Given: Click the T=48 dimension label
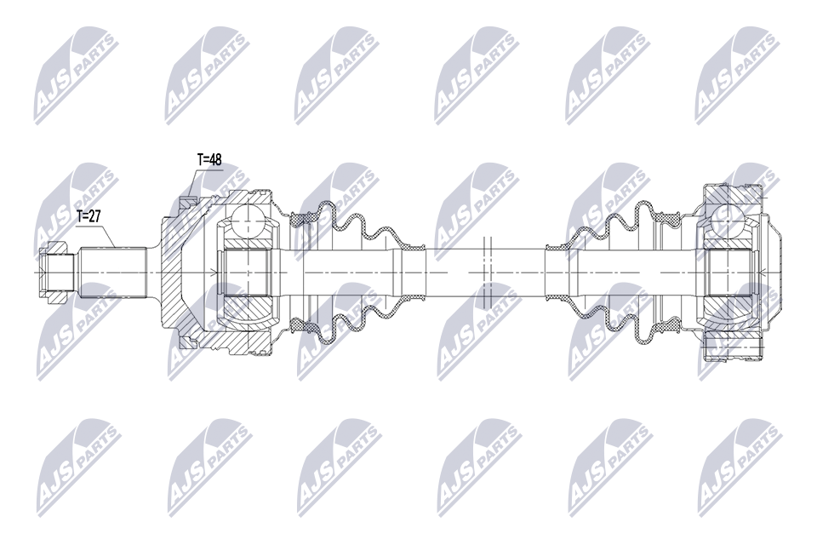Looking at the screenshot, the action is (209, 159).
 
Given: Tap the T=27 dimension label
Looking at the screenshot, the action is (89, 216).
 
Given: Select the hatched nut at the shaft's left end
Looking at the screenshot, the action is (53, 272).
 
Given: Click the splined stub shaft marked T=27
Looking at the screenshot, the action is (112, 272).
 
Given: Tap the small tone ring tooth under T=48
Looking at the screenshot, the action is (187, 201).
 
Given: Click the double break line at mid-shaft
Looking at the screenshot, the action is (488, 272).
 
